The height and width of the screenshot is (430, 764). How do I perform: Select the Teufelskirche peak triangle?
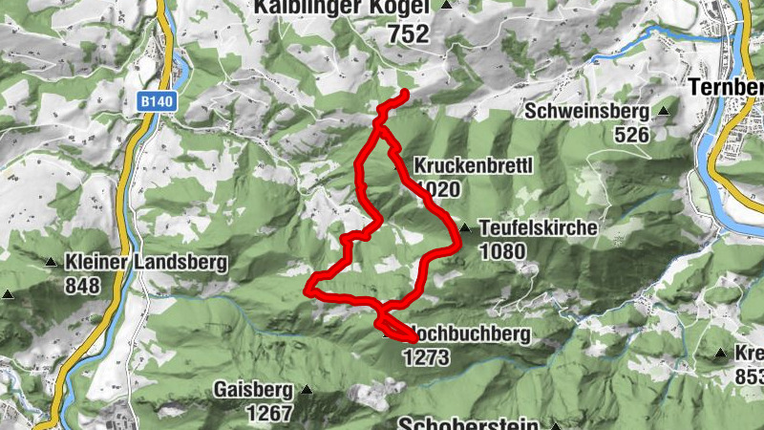465,228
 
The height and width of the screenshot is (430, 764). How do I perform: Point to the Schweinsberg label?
586,112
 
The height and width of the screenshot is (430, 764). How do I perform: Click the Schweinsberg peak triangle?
664,112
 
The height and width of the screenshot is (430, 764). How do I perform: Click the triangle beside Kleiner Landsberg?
51,262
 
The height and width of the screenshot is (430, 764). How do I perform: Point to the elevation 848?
84,285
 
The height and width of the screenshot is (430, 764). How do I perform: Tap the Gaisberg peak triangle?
307,389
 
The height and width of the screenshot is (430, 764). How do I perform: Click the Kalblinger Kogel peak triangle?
445,5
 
